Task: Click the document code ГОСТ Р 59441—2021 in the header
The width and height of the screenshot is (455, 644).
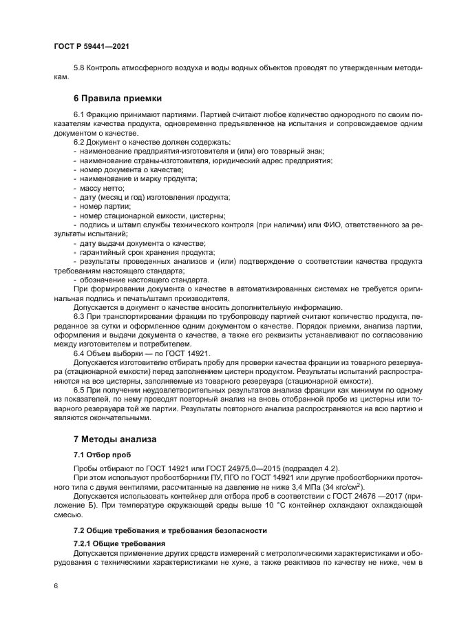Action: click(92, 45)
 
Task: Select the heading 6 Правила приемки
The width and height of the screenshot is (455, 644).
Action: click(117, 98)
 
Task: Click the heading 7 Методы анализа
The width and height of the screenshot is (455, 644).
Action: click(116, 439)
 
